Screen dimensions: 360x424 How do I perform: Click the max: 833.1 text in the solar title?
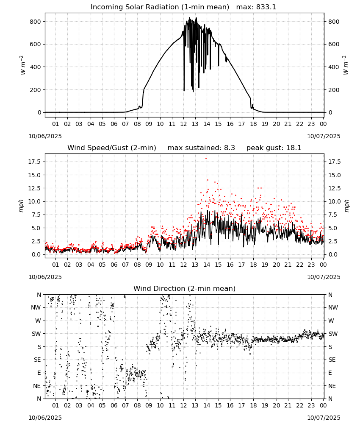256,7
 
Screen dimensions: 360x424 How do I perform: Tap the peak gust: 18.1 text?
274,148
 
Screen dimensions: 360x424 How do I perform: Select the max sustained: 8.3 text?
201,148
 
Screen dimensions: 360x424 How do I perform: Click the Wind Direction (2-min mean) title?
185,288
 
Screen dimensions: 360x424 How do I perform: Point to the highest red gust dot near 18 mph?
206,159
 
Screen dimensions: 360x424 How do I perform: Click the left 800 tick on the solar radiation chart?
36,22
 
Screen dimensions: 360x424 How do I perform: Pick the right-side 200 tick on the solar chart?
334,90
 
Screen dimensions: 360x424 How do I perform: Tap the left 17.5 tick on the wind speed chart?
34,162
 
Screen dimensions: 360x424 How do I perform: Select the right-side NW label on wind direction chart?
333,308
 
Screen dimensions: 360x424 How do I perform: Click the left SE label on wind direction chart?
38,360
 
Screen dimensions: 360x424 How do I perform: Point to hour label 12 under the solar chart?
183,124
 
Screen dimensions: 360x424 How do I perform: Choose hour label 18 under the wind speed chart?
253,265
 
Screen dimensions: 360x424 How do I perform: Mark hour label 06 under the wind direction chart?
114,405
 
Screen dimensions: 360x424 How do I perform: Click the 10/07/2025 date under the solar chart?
324,136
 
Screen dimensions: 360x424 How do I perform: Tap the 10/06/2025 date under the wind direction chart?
45,418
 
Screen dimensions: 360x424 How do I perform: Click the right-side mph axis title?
347,206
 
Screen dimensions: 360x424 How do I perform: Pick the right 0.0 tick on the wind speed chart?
333,254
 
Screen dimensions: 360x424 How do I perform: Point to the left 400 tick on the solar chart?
36,67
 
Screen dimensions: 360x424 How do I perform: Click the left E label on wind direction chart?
39,373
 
